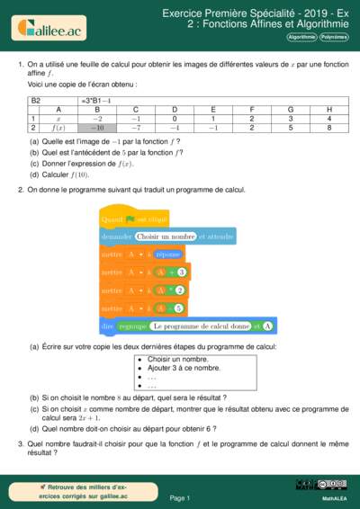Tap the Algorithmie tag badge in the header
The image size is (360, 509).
[x=301, y=37]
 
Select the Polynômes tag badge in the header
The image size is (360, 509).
[x=334, y=37]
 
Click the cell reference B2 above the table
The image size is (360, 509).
[x=37, y=101]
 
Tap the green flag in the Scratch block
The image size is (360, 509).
[x=130, y=219]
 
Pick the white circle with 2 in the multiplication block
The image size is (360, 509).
[x=180, y=290]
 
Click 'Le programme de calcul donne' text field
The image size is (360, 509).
[x=200, y=326]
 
